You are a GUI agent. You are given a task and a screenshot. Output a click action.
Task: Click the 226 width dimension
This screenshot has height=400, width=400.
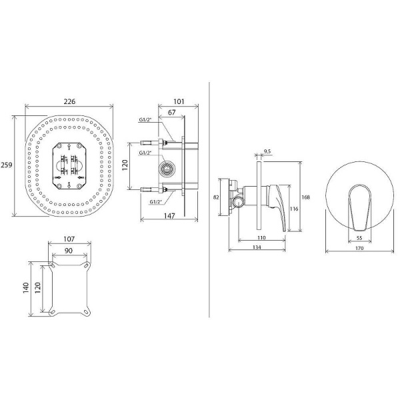pyautogui.click(x=69, y=101)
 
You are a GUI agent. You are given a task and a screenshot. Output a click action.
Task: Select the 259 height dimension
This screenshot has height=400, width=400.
pyautogui.click(x=7, y=165)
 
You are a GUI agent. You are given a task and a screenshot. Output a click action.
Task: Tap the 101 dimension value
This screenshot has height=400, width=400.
pyautogui.click(x=179, y=101)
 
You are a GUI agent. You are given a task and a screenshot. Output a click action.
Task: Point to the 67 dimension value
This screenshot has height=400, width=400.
pyautogui.click(x=172, y=112)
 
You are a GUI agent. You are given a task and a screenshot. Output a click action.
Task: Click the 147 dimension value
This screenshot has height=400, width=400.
pyautogui.click(x=169, y=216)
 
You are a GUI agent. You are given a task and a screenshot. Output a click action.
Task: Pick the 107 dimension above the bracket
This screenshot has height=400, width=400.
pyautogui.click(x=69, y=239)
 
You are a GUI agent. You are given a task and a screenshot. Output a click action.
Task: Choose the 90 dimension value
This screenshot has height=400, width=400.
pyautogui.click(x=69, y=251)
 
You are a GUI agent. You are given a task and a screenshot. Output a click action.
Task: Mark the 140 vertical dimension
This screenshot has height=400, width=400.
pyautogui.click(x=26, y=288)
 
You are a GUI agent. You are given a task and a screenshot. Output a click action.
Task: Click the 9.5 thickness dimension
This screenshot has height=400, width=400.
pyautogui.click(x=267, y=152)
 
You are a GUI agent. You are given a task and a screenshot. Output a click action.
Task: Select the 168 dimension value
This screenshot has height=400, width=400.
pyautogui.click(x=305, y=197)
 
